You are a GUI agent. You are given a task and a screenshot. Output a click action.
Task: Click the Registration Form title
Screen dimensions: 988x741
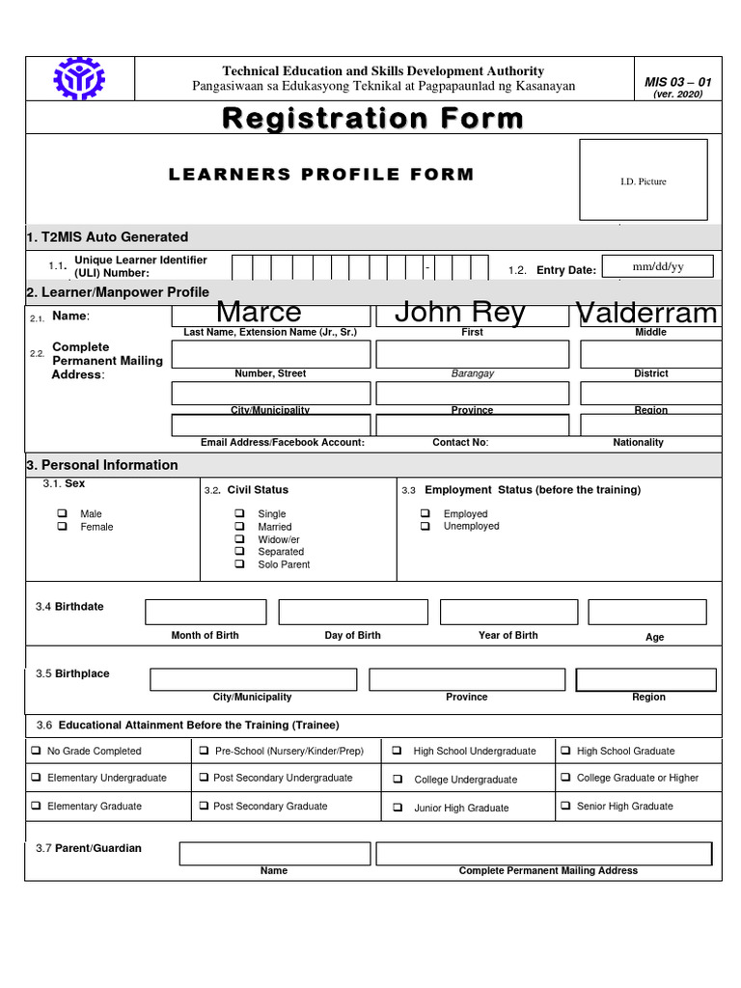tap(372, 119)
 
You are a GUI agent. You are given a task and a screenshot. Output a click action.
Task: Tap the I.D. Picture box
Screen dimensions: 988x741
tap(643, 180)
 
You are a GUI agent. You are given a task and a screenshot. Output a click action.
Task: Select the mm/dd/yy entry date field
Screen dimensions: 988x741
tap(657, 266)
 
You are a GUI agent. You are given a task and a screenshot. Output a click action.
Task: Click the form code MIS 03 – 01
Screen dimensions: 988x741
tap(677, 82)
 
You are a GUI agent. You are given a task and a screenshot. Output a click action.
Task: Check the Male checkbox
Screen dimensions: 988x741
tap(63, 513)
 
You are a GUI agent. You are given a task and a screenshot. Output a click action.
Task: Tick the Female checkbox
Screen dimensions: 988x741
tap(63, 527)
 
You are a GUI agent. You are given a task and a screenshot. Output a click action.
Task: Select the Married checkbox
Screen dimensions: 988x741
tap(239, 527)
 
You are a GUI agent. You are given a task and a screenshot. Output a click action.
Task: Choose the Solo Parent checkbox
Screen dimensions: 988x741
tap(239, 564)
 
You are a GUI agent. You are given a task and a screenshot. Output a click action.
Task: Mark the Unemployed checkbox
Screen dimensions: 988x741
tap(425, 526)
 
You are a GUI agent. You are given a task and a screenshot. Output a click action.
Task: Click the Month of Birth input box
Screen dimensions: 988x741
tap(206, 613)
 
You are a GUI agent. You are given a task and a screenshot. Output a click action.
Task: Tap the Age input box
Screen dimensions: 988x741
tap(647, 613)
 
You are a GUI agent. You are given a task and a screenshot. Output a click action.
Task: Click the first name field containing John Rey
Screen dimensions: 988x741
tap(472, 314)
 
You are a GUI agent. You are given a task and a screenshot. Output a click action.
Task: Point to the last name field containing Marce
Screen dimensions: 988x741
tap(271, 314)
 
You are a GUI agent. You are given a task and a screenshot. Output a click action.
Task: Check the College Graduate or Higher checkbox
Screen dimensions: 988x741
tap(566, 778)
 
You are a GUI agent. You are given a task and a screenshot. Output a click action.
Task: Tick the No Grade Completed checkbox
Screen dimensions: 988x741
tap(36, 751)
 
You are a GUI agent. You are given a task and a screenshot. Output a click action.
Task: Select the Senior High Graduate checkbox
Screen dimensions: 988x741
tap(566, 806)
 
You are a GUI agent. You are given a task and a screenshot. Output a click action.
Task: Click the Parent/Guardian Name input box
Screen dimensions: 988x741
tap(274, 854)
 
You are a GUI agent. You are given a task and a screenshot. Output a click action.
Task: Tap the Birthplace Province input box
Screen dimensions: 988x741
tap(467, 680)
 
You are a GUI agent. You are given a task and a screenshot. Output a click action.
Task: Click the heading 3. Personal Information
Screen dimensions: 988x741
tap(102, 465)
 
